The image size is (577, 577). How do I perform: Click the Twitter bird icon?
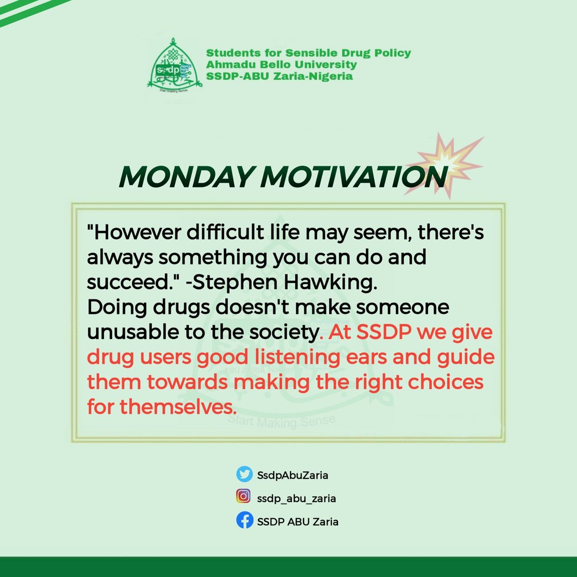click(x=244, y=475)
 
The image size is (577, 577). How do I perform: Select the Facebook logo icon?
click(x=244, y=521)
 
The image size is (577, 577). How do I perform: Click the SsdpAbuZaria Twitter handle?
click(x=292, y=476)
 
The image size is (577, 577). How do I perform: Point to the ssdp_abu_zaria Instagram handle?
click(x=296, y=498)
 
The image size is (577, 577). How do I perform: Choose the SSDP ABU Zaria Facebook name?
click(x=298, y=521)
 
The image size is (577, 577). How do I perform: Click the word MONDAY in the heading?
click(x=186, y=177)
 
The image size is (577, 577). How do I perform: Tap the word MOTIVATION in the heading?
click(x=353, y=177)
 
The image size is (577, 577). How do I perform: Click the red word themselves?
click(x=179, y=407)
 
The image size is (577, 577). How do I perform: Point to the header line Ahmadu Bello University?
click(x=281, y=64)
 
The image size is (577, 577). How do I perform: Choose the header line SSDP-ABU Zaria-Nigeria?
click(x=279, y=76)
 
